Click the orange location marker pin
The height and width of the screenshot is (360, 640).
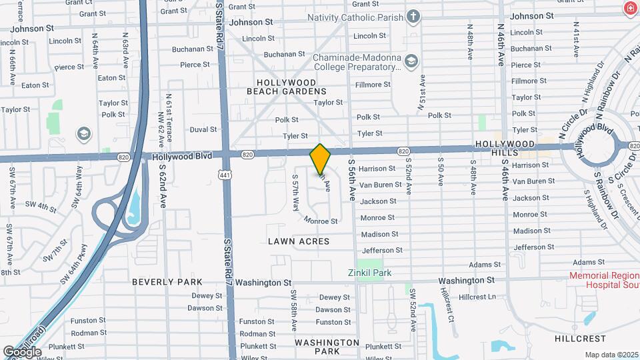tap(321, 158)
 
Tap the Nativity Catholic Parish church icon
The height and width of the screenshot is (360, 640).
tap(413, 16)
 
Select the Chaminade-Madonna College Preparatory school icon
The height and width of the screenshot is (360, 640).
tap(411, 62)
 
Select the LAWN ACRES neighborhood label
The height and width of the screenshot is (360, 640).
tap(299, 241)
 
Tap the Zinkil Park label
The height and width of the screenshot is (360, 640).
tap(369, 273)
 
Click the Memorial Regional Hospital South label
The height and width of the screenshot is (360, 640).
tap(604, 280)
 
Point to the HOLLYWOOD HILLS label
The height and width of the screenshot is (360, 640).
tap(505, 149)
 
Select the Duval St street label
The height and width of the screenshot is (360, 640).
tap(203, 129)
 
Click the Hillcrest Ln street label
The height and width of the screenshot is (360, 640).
tap(478, 297)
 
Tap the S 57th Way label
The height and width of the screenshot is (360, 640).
tap(295, 193)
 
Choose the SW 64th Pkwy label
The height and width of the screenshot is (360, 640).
tap(74, 265)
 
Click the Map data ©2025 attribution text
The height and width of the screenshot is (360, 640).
tap(611, 355)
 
